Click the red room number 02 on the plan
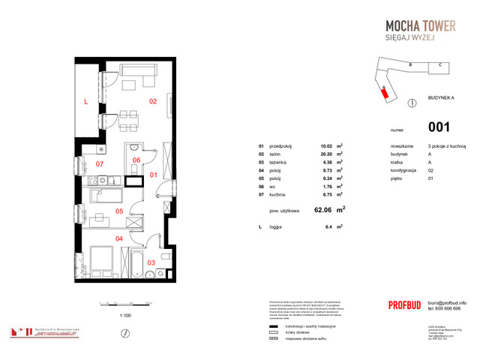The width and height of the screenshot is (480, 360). click(152, 101)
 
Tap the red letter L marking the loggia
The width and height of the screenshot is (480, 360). click(86, 101)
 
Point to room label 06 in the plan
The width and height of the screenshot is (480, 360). click(136, 160)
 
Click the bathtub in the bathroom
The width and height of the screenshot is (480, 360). click(136, 264)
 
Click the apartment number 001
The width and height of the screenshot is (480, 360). click(439, 127)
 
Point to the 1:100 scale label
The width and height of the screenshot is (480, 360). click(126, 316)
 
